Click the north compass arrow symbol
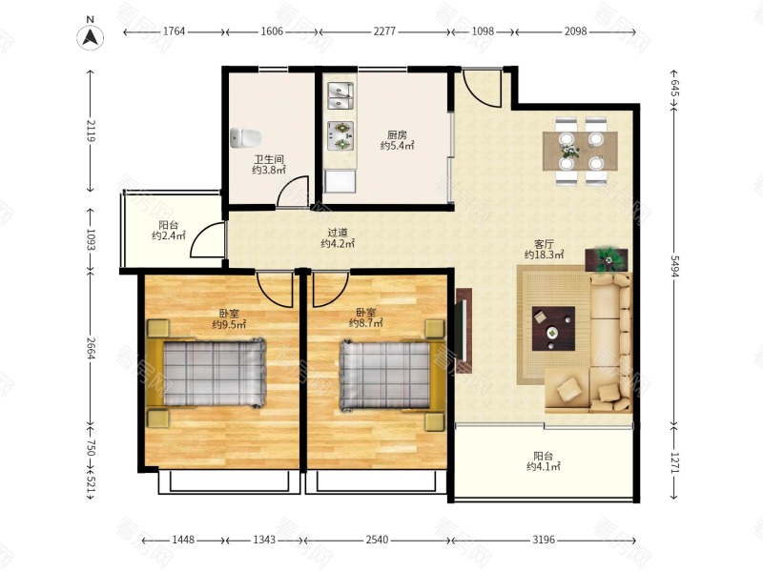coord(90,37)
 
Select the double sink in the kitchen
coord(340,96)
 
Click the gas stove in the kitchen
coord(340,135)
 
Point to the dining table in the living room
coord(580,151)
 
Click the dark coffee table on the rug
coord(553,328)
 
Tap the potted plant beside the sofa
coord(607,259)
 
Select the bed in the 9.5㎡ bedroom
coord(206,373)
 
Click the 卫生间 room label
coord(269,159)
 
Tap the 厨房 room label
coord(397,134)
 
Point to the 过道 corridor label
coord(338,233)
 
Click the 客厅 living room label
coord(544,244)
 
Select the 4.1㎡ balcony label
coord(543,461)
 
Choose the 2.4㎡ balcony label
coord(169,231)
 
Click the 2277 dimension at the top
coord(384,31)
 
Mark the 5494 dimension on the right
coord(674,266)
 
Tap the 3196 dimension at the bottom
coord(543,540)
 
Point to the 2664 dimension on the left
coord(91,349)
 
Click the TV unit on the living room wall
coord(464,331)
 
